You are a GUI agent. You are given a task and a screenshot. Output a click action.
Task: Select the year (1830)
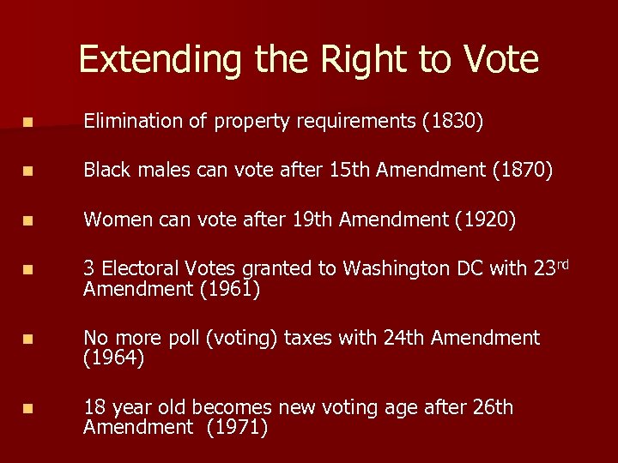[452, 123]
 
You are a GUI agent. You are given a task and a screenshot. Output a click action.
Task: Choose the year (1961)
[229, 290]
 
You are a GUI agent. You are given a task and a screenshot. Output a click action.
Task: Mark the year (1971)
[238, 428]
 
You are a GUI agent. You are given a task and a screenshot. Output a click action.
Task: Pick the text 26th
[493, 407]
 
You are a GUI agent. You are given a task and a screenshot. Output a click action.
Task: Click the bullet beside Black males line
[30, 172]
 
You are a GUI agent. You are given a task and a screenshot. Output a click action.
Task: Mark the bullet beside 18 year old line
[30, 409]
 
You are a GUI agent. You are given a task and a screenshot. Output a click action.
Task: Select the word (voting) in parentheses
[242, 339]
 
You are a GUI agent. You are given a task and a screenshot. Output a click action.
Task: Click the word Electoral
[141, 269]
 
